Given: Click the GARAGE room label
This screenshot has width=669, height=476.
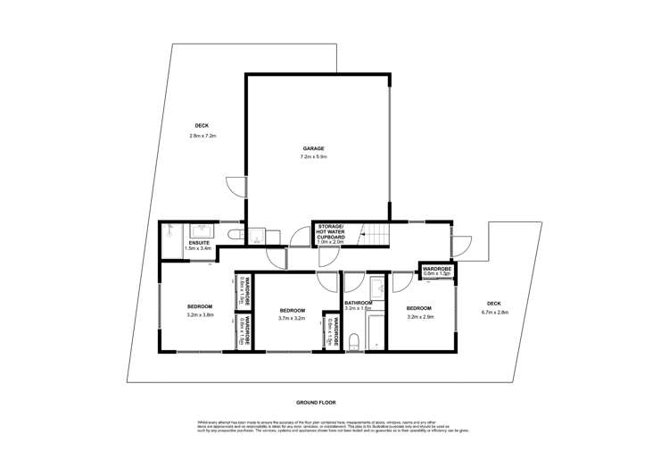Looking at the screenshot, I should pyautogui.click(x=312, y=148).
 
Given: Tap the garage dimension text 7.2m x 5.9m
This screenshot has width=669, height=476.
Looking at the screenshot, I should pyautogui.click(x=313, y=157).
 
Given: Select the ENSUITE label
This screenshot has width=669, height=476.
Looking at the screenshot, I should pyautogui.click(x=199, y=242).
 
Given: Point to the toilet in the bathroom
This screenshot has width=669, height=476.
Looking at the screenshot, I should pyautogui.click(x=355, y=340).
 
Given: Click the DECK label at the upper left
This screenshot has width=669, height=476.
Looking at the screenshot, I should pyautogui.click(x=202, y=125).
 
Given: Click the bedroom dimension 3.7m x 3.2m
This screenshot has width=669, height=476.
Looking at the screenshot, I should pyautogui.click(x=292, y=319).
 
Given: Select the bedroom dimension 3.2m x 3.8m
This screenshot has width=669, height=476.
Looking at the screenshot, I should pyautogui.click(x=200, y=314).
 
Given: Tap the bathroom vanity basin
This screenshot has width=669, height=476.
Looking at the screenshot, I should pyautogui.click(x=375, y=288).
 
